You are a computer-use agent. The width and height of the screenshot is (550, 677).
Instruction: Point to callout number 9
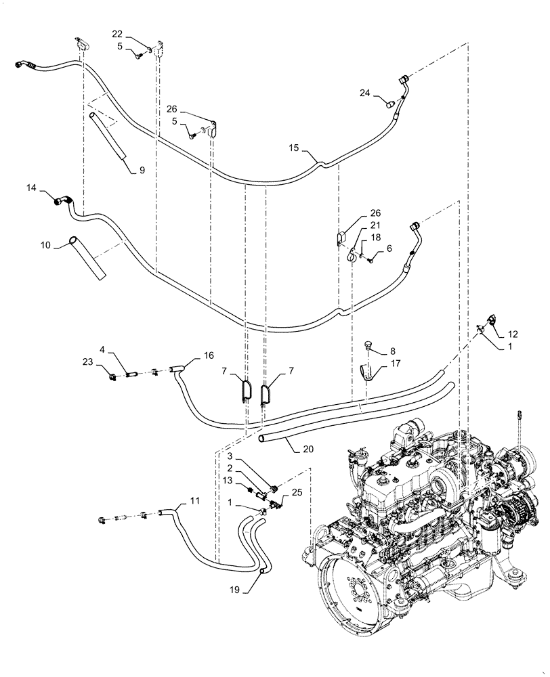pyautogui.click(x=142, y=171)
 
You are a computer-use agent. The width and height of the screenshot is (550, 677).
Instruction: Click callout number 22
pyautogui.click(x=118, y=34)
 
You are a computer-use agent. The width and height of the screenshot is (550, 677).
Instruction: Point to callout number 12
pyautogui.click(x=512, y=333)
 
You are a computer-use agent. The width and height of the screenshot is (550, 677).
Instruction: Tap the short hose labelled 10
pyautogui.click(x=87, y=257)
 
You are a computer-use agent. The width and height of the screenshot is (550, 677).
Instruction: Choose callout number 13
pyautogui.click(x=230, y=480)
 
